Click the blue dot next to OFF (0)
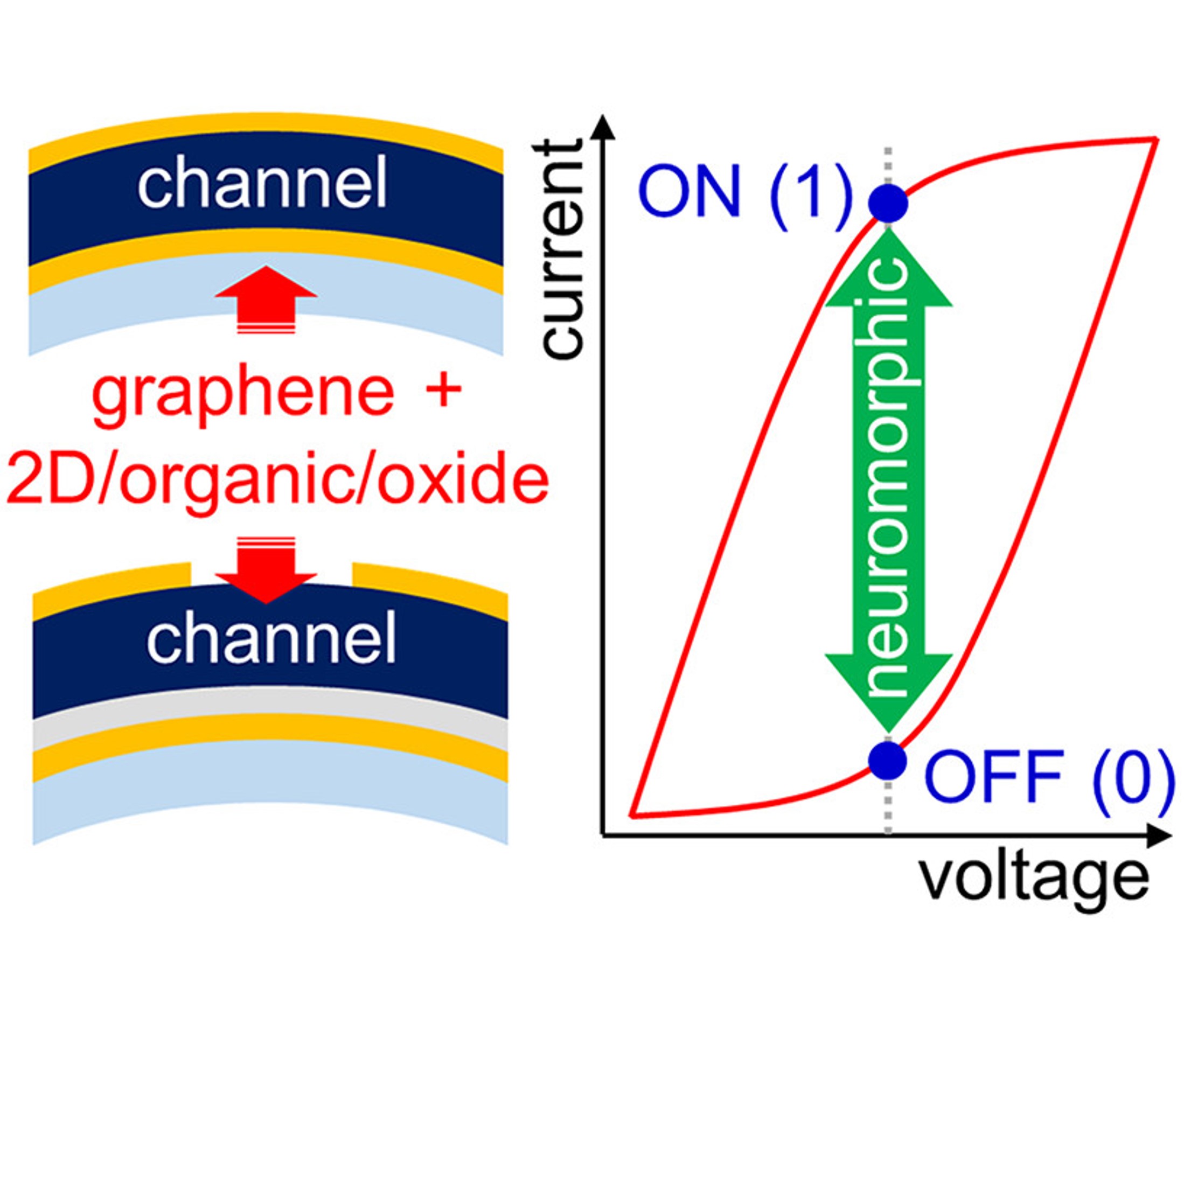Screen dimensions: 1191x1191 pos(888,760)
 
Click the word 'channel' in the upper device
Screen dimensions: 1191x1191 pos(262,183)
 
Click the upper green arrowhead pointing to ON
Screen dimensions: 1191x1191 pos(888,271)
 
